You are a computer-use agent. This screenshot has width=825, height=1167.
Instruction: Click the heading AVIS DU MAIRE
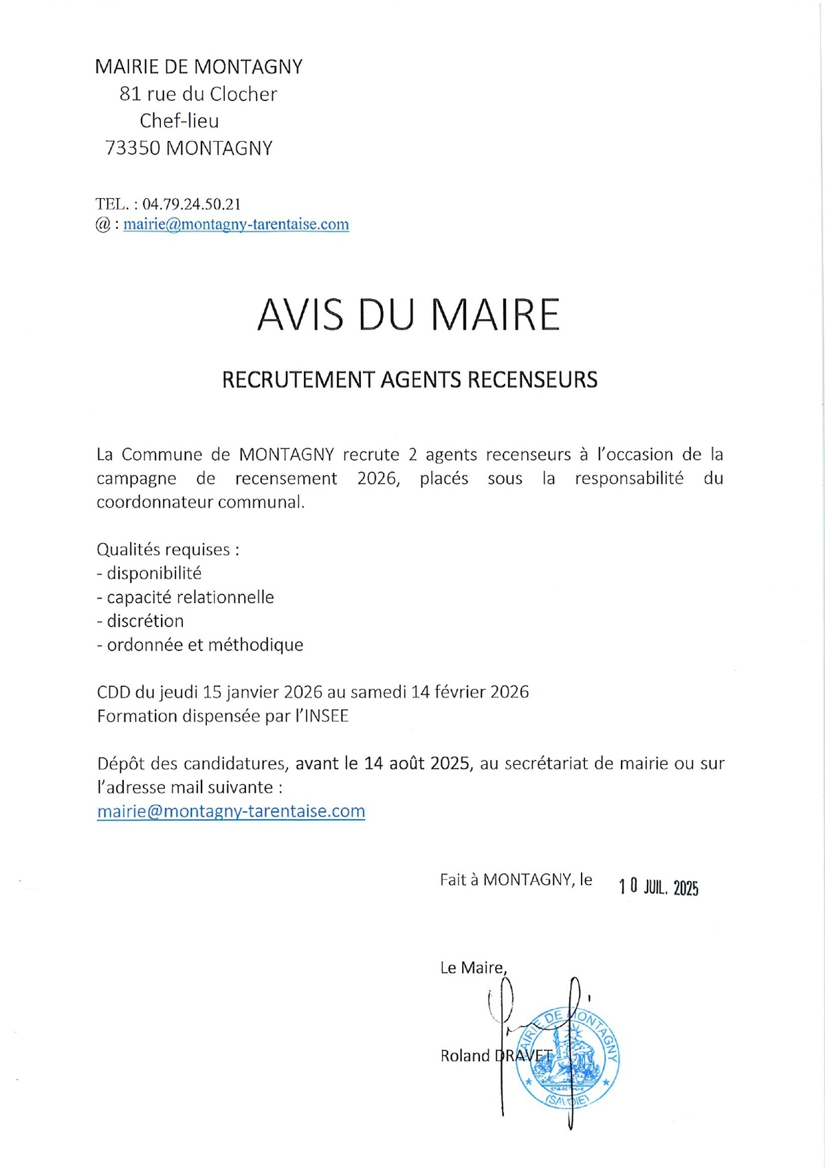click(x=408, y=315)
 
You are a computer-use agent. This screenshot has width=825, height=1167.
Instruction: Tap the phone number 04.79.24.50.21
click(x=192, y=204)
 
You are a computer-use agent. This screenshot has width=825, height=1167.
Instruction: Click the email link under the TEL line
click(x=236, y=224)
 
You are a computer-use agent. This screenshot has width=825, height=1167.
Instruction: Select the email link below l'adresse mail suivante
click(x=231, y=811)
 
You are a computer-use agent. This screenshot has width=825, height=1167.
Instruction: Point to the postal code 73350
click(x=133, y=149)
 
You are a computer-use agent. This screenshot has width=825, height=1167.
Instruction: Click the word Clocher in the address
click(x=243, y=94)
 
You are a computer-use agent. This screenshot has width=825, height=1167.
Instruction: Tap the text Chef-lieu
click(x=179, y=121)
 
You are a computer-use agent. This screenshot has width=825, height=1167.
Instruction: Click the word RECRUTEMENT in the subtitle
click(x=298, y=380)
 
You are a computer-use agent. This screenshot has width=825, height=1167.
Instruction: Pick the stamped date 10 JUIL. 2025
click(x=659, y=887)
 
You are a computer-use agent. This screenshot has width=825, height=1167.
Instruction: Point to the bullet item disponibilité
click(x=154, y=574)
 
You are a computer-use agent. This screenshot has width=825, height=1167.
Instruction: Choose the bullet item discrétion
click(x=145, y=621)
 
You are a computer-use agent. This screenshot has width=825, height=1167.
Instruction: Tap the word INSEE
click(x=327, y=717)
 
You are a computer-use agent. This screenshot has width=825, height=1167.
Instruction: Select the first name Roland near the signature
click(x=465, y=1056)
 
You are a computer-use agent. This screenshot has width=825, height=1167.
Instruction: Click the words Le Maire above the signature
click(x=473, y=968)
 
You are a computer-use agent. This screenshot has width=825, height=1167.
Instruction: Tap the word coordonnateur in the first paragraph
click(x=146, y=502)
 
